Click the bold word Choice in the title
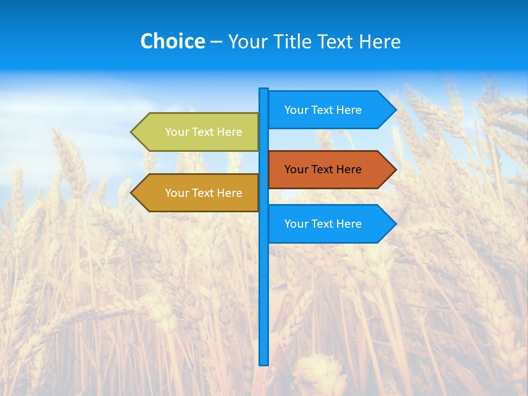point(172,41)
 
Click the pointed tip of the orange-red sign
point(395,169)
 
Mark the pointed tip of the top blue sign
point(395,109)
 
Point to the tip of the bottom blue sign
point(395,223)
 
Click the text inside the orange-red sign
point(323,169)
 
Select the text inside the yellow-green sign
point(204,132)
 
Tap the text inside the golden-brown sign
point(204,193)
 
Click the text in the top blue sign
point(323,110)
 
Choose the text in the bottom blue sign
point(323,224)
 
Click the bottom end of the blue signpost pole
point(264,362)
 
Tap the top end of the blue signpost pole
point(264,90)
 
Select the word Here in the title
point(380,41)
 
